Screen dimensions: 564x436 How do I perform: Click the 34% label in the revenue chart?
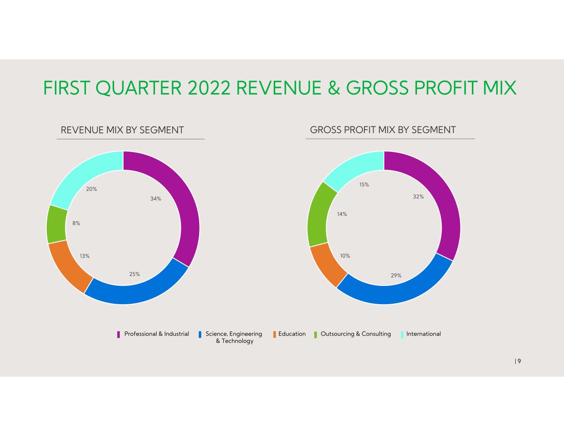tap(156, 199)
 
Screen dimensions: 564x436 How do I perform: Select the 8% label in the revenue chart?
tap(76, 223)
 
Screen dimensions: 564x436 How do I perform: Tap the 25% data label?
tap(134, 274)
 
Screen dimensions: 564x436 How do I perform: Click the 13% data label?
tap(85, 256)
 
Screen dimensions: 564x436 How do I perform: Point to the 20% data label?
tap(91, 189)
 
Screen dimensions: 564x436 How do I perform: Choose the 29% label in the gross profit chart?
tap(396, 275)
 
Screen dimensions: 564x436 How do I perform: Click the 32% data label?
tap(419, 196)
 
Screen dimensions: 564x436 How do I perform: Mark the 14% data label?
tap(342, 214)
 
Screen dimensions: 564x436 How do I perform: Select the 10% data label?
tap(345, 256)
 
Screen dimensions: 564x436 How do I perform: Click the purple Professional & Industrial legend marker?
tap(119, 334)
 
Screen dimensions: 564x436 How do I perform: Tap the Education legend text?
tap(292, 334)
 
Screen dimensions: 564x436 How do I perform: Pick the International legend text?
tap(424, 334)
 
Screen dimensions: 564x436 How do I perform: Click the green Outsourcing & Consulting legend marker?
tap(316, 334)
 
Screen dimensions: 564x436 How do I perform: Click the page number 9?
tap(519, 361)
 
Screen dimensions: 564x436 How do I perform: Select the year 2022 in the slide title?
tap(209, 88)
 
